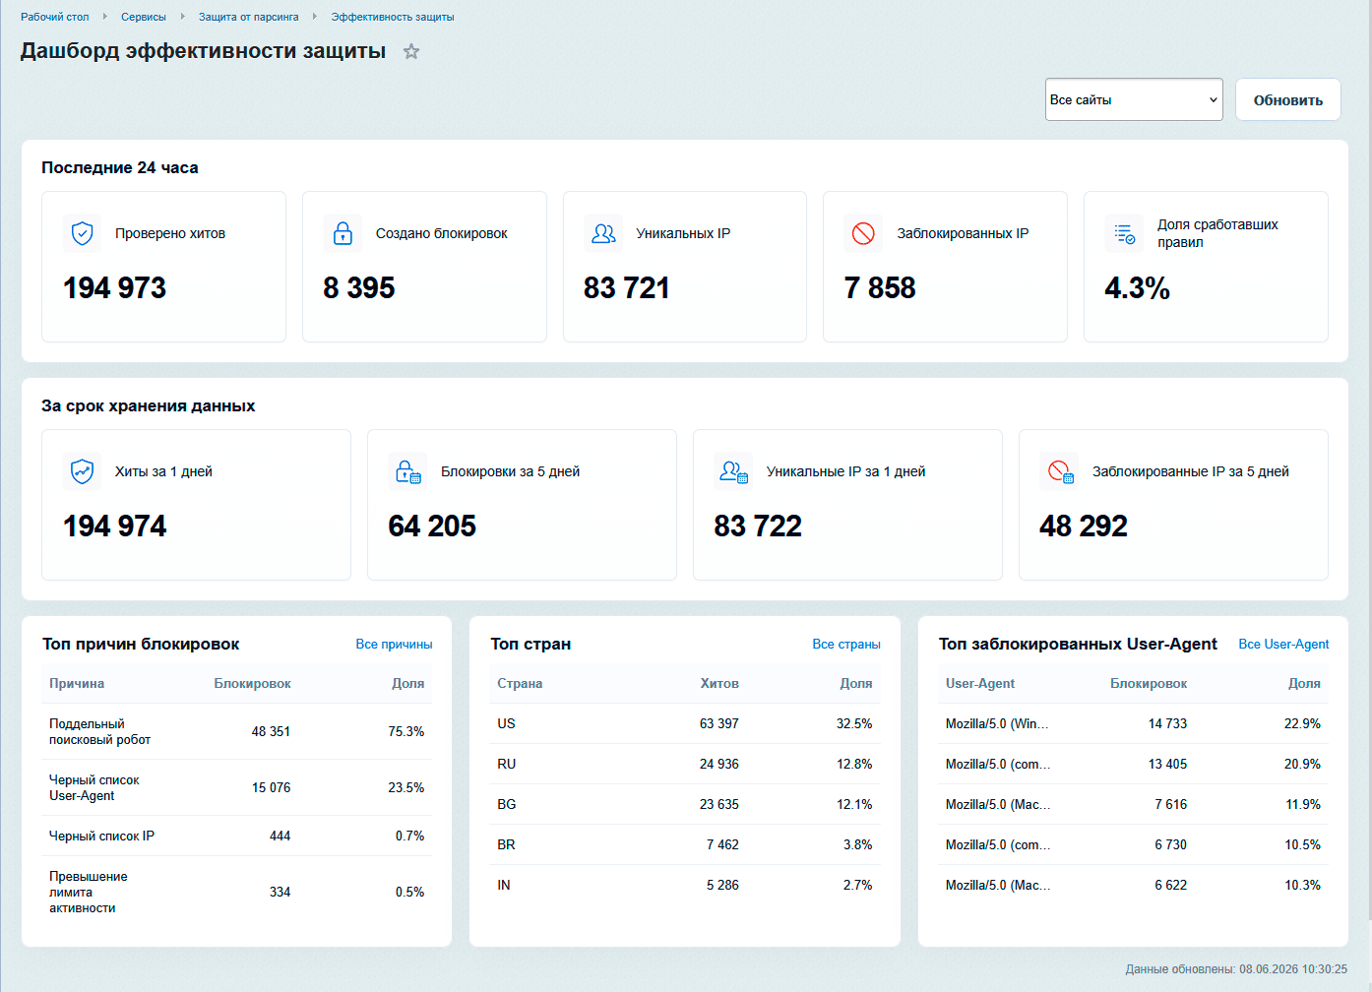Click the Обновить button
pyautogui.click(x=1287, y=99)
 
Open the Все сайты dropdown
pyautogui.click(x=1134, y=99)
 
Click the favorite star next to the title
pyautogui.click(x=411, y=51)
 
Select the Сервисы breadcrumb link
pyautogui.click(x=144, y=17)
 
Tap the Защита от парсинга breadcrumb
pyautogui.click(x=248, y=17)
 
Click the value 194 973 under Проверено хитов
pyautogui.click(x=114, y=287)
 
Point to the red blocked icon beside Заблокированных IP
pyautogui.click(x=863, y=233)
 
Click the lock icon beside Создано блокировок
pyautogui.click(x=343, y=233)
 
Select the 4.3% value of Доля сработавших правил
pyautogui.click(x=1137, y=287)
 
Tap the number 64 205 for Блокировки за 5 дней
pyautogui.click(x=432, y=526)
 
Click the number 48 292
pyautogui.click(x=1083, y=526)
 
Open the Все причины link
pyautogui.click(x=394, y=645)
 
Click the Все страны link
pyautogui.click(x=845, y=645)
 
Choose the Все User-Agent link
pyautogui.click(x=1283, y=645)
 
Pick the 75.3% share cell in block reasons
pyautogui.click(x=405, y=732)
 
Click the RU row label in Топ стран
pyautogui.click(x=506, y=765)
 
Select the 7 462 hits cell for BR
pyautogui.click(x=722, y=845)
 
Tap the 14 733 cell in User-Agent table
pyautogui.click(x=1167, y=723)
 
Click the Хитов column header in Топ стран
pyautogui.click(x=719, y=683)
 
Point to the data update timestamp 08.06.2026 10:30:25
pyautogui.click(x=1293, y=969)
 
